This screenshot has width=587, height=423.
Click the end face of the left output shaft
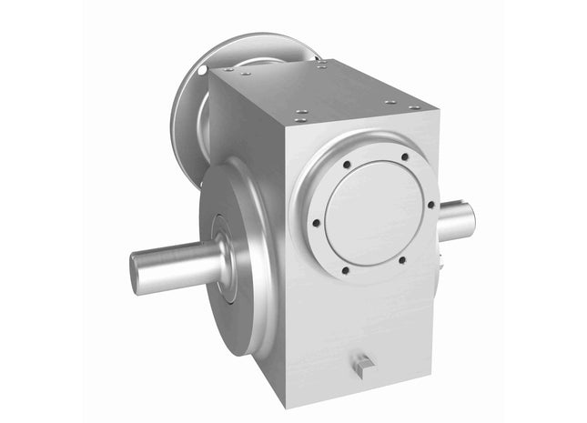(138, 274)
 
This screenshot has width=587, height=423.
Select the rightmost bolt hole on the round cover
(430, 205)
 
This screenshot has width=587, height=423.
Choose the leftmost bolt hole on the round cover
(315, 221)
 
